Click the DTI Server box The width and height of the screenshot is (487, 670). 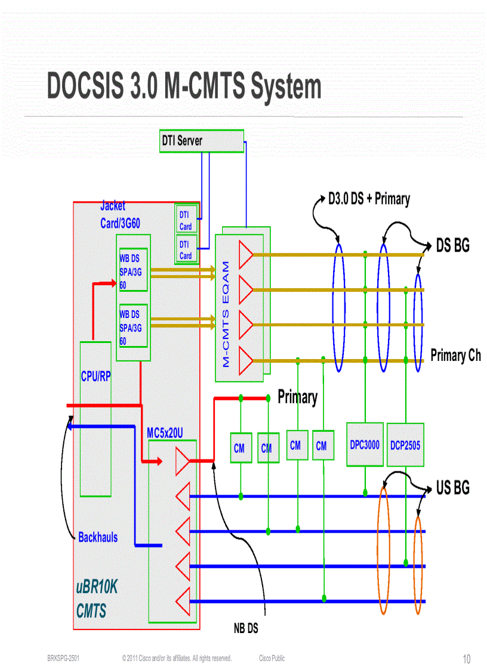coord(201,141)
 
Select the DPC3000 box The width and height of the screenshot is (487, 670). coord(364,444)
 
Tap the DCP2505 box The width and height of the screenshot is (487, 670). coord(406,444)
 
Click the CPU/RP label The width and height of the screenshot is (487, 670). coord(95,376)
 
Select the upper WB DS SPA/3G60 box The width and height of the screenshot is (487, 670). coord(132,270)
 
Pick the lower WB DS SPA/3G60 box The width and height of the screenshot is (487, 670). coord(132,326)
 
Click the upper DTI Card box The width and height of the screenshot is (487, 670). coord(186,220)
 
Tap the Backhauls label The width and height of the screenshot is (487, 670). coord(98,537)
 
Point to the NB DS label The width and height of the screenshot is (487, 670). coord(245,628)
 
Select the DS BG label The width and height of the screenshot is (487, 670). coord(452,245)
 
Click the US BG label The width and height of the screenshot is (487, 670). coord(452,488)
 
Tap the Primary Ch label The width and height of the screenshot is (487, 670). coord(455,356)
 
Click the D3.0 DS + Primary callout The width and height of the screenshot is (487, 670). coord(369,199)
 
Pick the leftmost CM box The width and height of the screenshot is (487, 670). coord(239,448)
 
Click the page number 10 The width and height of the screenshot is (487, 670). coord(467,659)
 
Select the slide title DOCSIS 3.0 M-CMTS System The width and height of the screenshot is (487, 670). coord(184,87)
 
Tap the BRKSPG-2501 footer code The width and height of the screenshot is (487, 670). coord(63,658)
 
